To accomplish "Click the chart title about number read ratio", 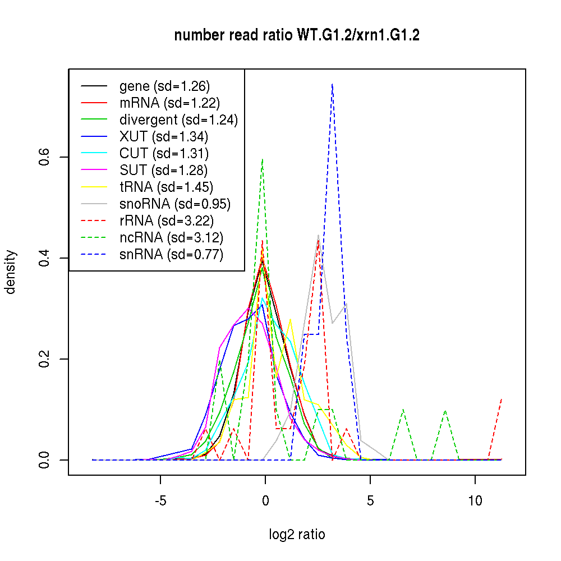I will (x=297, y=35).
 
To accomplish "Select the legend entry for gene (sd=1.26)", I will (x=164, y=86).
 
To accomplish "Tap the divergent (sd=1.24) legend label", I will (x=178, y=119).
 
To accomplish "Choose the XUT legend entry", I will (x=164, y=136).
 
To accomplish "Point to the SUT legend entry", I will (x=164, y=170).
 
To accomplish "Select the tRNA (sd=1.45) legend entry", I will (x=166, y=187).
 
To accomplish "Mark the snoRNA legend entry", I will (x=175, y=204).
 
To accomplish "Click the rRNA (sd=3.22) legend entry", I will (x=167, y=221).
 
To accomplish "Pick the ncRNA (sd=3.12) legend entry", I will (x=171, y=238).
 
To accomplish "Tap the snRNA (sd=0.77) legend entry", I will (x=171, y=255).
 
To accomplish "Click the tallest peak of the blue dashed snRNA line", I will (x=332, y=84).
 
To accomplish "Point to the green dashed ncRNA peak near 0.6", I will (x=262, y=159).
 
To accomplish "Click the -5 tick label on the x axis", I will (x=160, y=500).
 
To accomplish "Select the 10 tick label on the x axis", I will (x=475, y=500).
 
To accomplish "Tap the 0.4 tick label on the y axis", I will (x=44, y=258).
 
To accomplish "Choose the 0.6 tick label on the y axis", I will (x=44, y=157).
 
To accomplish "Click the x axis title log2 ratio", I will (x=297, y=535).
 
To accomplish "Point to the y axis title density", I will (x=11, y=272).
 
